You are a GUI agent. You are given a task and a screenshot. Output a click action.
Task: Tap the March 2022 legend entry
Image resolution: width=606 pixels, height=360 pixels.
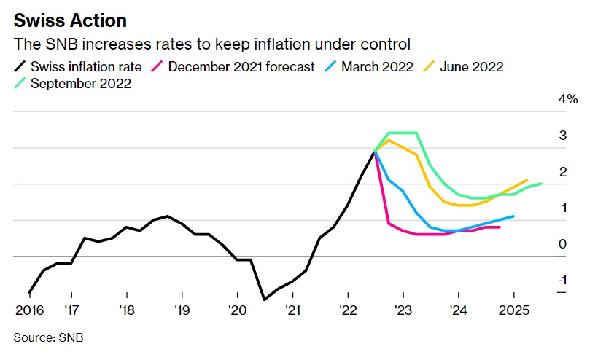pyautogui.click(x=371, y=66)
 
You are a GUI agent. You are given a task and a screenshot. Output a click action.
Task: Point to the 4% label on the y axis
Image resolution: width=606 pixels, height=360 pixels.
pyautogui.click(x=568, y=99)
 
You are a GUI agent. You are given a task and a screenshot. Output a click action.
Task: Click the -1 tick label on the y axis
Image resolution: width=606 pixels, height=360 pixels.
pyautogui.click(x=562, y=281)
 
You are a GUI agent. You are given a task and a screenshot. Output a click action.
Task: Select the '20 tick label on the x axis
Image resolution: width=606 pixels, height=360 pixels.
pyautogui.click(x=237, y=310)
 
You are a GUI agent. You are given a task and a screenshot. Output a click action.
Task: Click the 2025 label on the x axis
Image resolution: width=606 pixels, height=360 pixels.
pyautogui.click(x=513, y=310)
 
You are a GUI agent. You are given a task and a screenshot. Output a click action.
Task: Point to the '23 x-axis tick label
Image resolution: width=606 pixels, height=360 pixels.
pyautogui.click(x=403, y=310)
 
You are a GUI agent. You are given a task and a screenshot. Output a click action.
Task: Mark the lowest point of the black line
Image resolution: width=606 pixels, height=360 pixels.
pyautogui.click(x=264, y=300)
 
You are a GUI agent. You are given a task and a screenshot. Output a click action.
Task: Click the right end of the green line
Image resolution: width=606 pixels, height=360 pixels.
pyautogui.click(x=541, y=184)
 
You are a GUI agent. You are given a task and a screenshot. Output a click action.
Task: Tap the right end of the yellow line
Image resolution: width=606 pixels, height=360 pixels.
pyautogui.click(x=527, y=179)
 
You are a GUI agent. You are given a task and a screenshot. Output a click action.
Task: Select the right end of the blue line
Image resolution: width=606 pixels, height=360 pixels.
pyautogui.click(x=514, y=216)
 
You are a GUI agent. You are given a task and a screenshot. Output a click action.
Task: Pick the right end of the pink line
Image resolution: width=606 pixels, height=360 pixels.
pyautogui.click(x=500, y=227)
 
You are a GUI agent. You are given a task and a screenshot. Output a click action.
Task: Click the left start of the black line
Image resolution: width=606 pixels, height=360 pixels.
pyautogui.click(x=29, y=292)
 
